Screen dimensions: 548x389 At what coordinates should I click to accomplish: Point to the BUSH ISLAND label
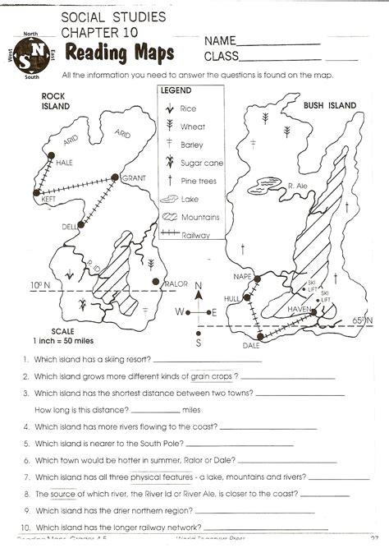pos(330,105)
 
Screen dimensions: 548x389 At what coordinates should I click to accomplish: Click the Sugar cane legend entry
pos(202,163)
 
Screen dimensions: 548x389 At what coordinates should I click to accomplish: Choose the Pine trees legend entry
pos(200,181)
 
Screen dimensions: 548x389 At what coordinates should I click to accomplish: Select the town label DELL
pos(68,226)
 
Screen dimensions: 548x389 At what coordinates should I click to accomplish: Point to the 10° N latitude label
pos(39,285)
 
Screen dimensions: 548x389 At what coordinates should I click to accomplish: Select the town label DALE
pos(262,345)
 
